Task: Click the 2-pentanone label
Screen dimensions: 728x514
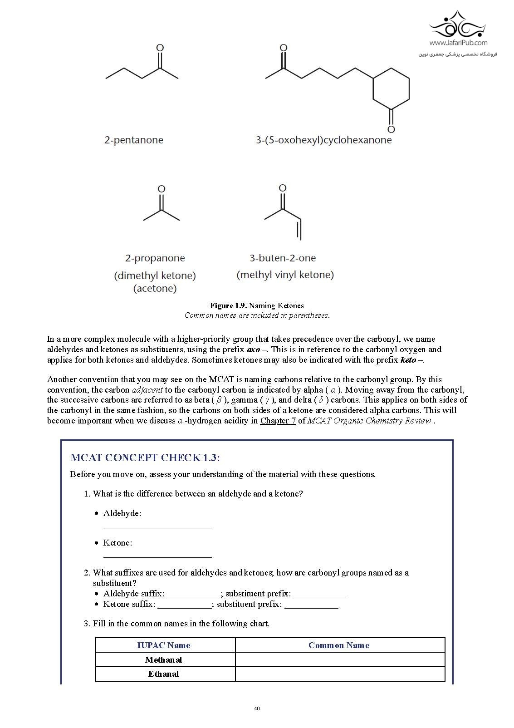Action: pyautogui.click(x=134, y=140)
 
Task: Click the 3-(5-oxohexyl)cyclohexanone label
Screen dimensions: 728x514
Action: pyautogui.click(x=323, y=140)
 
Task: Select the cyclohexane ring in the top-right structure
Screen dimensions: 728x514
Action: pyautogui.click(x=391, y=89)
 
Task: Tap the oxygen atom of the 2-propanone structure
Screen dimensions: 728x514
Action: pyautogui.click(x=161, y=189)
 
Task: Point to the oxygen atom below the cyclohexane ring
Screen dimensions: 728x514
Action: pyautogui.click(x=391, y=129)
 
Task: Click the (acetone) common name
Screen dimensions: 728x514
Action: pyautogui.click(x=155, y=289)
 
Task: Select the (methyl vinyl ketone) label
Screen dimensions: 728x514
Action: pyautogui.click(x=285, y=275)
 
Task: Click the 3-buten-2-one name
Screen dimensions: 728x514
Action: pyautogui.click(x=283, y=258)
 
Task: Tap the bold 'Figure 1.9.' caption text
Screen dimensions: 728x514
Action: pyautogui.click(x=228, y=305)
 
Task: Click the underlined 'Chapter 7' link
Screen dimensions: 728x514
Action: pyautogui.click(x=278, y=421)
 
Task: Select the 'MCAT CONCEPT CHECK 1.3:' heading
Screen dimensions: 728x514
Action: pyautogui.click(x=145, y=457)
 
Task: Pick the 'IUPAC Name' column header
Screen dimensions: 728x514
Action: pyautogui.click(x=164, y=645)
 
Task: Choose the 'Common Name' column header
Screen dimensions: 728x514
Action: pyautogui.click(x=339, y=645)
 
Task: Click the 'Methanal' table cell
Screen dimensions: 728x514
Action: pyautogui.click(x=164, y=660)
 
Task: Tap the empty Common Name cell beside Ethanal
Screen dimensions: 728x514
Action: pyautogui.click(x=340, y=674)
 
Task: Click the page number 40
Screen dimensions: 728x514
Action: pyautogui.click(x=257, y=709)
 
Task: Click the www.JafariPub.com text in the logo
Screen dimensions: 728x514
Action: pyautogui.click(x=458, y=43)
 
